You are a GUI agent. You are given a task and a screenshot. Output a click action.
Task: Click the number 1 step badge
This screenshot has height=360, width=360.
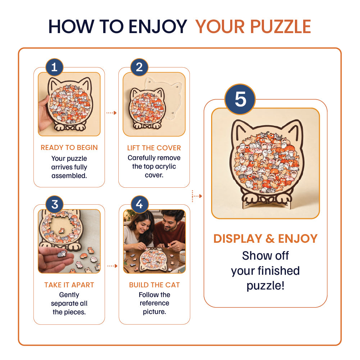54,67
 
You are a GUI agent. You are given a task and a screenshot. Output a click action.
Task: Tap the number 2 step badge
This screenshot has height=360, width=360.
140,67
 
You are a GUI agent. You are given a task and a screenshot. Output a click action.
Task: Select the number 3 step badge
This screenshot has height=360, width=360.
55,204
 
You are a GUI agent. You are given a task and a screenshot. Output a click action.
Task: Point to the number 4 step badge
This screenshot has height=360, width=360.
140,204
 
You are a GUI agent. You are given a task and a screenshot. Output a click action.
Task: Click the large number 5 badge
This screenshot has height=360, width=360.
240,99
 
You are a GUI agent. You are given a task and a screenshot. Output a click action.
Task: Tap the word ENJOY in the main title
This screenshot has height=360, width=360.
158,27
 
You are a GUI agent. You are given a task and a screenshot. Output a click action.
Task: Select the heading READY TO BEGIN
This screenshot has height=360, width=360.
69,147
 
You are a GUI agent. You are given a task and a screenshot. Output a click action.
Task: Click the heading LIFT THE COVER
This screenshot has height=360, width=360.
154,148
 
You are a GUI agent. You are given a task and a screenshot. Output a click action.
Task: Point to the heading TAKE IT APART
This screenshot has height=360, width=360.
69,285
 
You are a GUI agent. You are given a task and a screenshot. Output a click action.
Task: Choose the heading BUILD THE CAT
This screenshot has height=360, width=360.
154,285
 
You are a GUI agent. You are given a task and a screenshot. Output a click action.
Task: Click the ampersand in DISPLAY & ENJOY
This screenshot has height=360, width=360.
270,238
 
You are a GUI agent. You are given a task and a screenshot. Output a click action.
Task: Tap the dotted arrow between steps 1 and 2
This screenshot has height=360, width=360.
111,113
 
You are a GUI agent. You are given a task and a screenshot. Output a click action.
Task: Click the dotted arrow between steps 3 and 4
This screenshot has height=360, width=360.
112,266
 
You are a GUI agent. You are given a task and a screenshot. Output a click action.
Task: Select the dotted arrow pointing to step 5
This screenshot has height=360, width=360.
197,196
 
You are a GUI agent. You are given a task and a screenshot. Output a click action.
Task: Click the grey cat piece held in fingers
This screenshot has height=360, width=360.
61,254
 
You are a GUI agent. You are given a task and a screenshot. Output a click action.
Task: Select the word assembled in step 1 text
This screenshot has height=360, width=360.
69,176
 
